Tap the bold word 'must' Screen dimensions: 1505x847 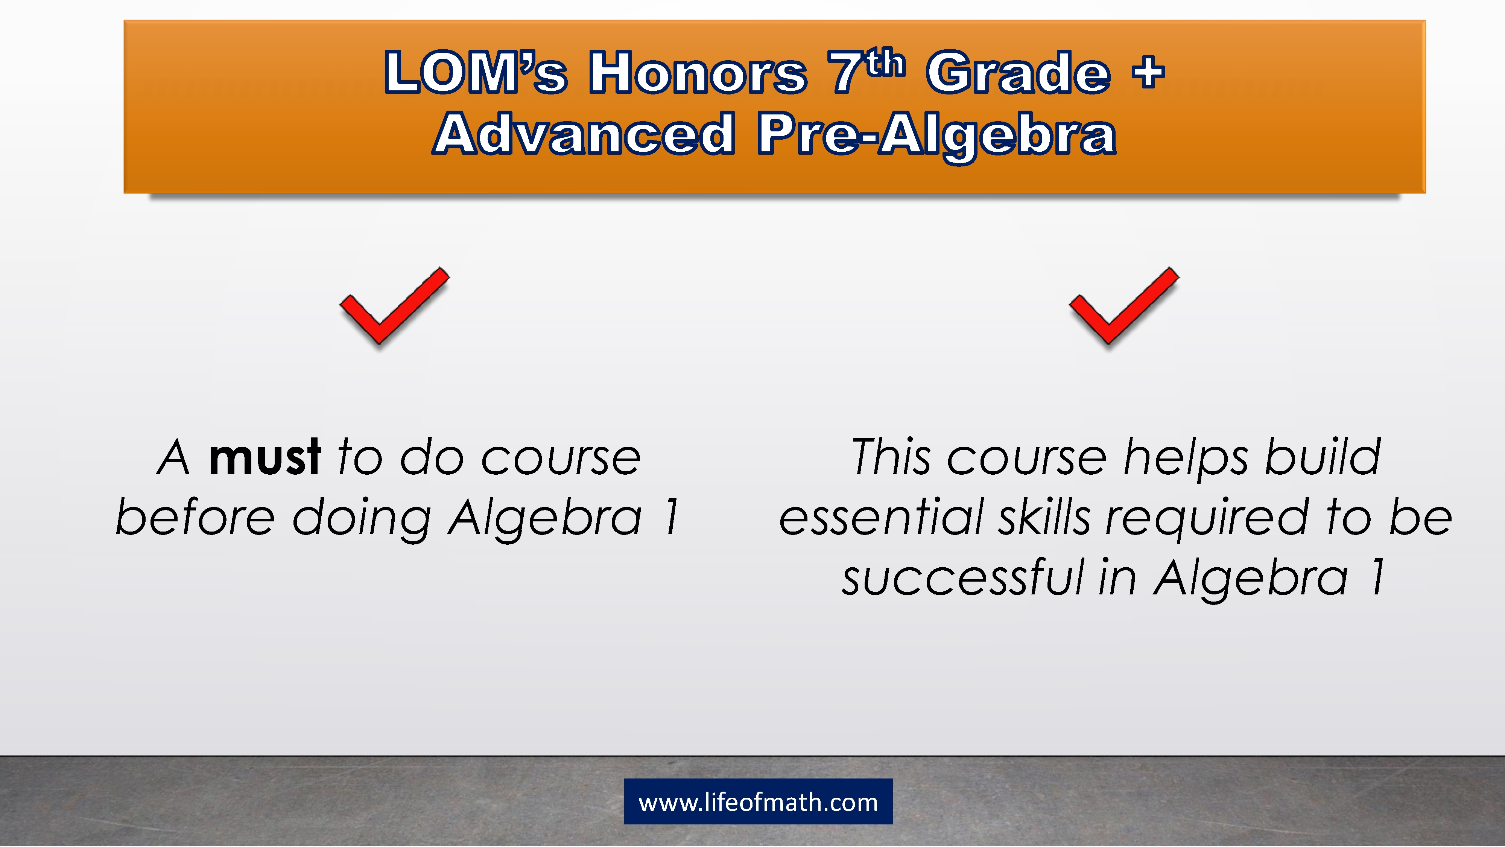(x=265, y=457)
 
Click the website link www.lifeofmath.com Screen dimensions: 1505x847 (x=758, y=802)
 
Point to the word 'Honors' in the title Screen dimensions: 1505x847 (x=698, y=73)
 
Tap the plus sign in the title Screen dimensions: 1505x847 (x=1148, y=73)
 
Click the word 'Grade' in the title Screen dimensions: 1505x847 (x=1019, y=73)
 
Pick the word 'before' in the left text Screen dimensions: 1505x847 (x=195, y=517)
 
